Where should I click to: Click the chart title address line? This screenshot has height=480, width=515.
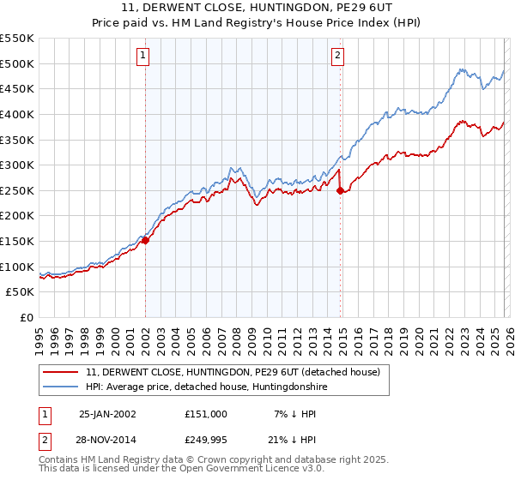click(257, 8)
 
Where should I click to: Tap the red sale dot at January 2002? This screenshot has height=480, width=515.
click(145, 240)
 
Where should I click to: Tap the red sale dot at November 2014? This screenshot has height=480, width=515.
click(340, 190)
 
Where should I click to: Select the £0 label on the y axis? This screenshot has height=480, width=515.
click(27, 318)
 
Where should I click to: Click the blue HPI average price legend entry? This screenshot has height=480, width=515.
click(207, 387)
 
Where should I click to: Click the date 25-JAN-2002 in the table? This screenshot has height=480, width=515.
click(107, 413)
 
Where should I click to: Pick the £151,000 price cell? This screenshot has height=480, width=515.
click(205, 413)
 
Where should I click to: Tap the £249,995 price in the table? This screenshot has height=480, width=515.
click(205, 441)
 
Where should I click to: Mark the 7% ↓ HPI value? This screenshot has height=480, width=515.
click(296, 413)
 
